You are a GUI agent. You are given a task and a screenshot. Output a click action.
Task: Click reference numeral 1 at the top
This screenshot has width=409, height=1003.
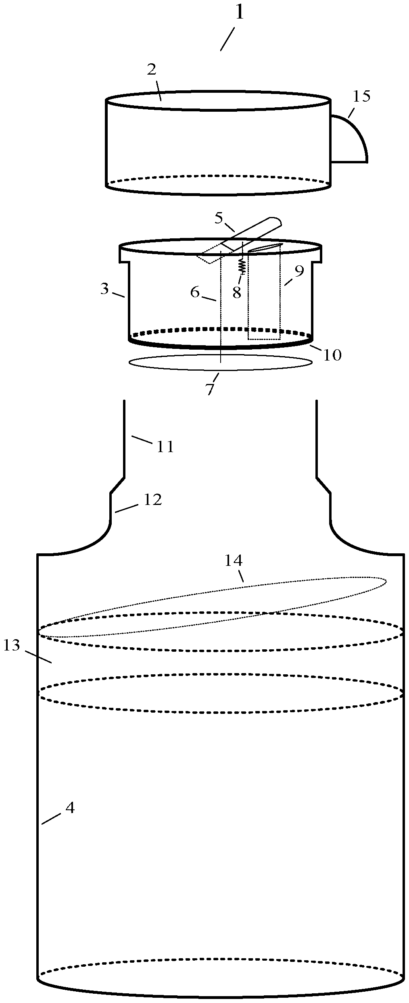pyautogui.click(x=240, y=14)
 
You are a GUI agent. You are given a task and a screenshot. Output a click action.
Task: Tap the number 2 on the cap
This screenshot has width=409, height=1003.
pyautogui.click(x=152, y=70)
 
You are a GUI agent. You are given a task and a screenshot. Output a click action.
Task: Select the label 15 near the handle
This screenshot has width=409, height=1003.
pyautogui.click(x=361, y=97)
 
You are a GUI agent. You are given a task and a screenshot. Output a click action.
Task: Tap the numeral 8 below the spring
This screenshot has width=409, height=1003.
pyautogui.click(x=237, y=293)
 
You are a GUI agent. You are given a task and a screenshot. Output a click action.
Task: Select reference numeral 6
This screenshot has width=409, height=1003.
pyautogui.click(x=195, y=292)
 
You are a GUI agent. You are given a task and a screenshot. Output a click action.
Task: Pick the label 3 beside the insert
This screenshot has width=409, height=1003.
pyautogui.click(x=105, y=289)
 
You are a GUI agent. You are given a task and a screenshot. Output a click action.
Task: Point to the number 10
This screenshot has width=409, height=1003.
pyautogui.click(x=332, y=355)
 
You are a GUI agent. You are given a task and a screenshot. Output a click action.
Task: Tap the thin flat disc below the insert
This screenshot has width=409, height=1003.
pyautogui.click(x=220, y=362)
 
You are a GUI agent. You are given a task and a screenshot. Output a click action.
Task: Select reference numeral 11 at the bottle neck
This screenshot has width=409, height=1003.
pyautogui.click(x=165, y=446)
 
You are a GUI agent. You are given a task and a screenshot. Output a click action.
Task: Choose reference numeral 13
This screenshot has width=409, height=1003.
pyautogui.click(x=12, y=645)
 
